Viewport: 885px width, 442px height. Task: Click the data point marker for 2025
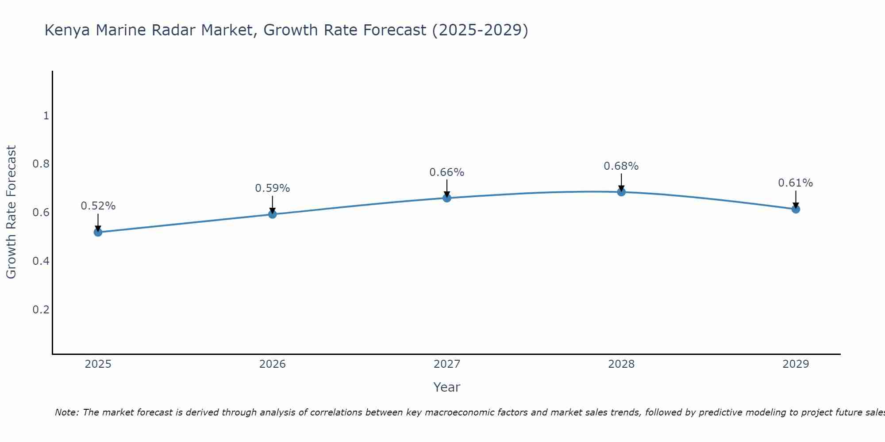(x=98, y=232)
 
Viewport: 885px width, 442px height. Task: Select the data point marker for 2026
(x=273, y=214)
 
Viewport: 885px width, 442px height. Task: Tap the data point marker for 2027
(x=447, y=198)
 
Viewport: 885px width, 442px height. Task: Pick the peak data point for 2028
(x=621, y=192)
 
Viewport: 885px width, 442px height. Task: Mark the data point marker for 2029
(x=796, y=209)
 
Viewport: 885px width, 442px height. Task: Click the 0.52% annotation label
(x=98, y=206)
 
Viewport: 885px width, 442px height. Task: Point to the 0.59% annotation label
(x=273, y=188)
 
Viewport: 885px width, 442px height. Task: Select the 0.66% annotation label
(x=447, y=172)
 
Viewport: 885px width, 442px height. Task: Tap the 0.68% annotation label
(x=621, y=166)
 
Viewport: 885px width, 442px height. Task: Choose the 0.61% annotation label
(x=796, y=183)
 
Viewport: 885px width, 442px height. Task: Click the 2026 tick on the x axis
(x=273, y=364)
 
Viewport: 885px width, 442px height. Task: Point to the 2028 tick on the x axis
(x=621, y=364)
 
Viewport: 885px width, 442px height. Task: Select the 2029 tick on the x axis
(x=796, y=364)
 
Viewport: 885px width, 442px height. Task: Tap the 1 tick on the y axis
(x=46, y=116)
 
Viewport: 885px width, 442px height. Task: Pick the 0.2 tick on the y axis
(x=41, y=309)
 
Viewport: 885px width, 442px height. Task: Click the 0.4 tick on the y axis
(x=41, y=261)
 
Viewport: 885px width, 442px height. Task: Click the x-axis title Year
(x=447, y=387)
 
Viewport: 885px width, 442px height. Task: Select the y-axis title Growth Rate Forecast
(x=12, y=212)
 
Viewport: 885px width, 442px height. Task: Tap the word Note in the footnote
(x=66, y=412)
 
